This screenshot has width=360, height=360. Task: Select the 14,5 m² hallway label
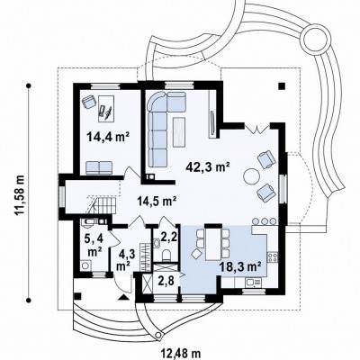pos(156,200)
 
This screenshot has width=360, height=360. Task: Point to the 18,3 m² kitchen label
pos(239,265)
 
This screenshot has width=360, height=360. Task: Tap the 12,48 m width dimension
pos(181,352)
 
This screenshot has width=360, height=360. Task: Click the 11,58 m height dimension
pos(21,194)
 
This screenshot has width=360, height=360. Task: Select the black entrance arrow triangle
pos(124,297)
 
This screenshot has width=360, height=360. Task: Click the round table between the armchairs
pos(251,176)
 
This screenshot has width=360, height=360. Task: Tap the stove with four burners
pos(273,257)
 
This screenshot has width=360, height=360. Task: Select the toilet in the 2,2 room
pos(166,256)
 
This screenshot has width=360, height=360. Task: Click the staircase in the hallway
pos(102,204)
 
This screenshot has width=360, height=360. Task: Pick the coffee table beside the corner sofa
pos(179,132)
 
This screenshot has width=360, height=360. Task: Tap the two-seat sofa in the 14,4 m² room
pos(99,167)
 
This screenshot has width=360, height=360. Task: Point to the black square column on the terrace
pos(281,85)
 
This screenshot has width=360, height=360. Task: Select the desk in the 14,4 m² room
pos(106,108)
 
